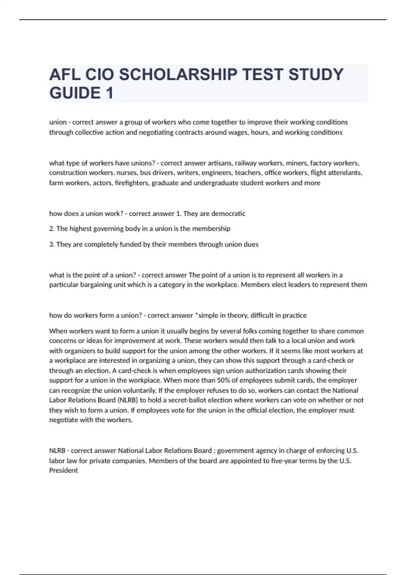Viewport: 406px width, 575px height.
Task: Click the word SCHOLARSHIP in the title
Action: pos(178,74)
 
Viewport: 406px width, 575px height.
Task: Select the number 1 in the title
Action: pos(109,93)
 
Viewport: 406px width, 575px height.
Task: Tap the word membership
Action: pos(211,229)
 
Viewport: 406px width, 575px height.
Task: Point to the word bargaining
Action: pos(96,285)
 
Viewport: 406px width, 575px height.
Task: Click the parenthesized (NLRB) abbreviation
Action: pos(128,400)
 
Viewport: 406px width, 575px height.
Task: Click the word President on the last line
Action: pos(63,470)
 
